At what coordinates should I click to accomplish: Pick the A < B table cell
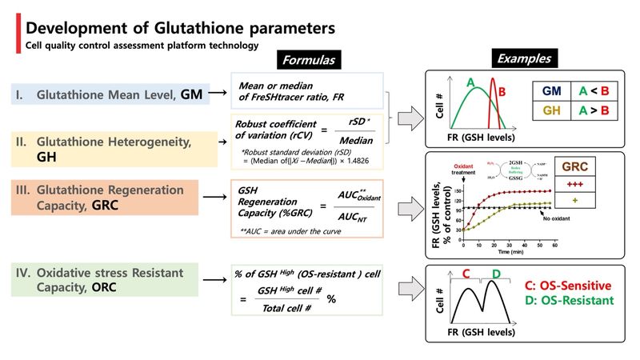595,92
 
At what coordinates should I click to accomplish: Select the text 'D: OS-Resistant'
570,302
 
